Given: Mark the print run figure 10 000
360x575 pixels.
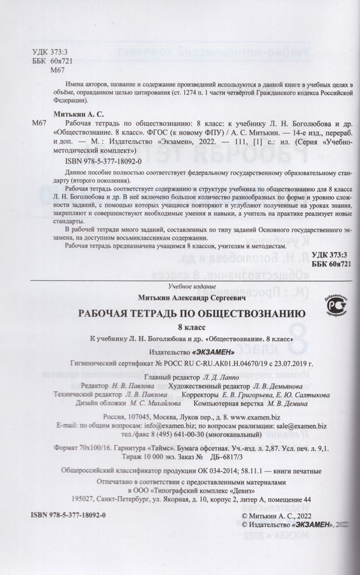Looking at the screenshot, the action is click(149, 457).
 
